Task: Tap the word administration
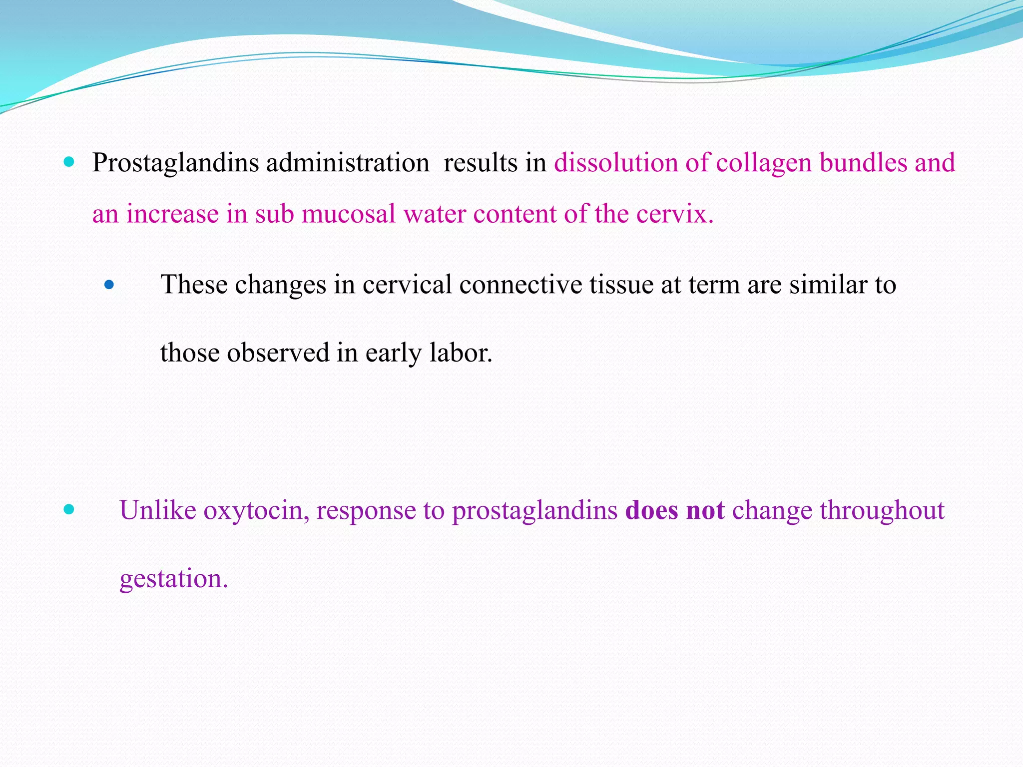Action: pos(347,163)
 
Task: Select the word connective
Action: pos(520,285)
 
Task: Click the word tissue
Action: pos(621,285)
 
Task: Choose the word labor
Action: pos(461,353)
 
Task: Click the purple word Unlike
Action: pos(158,511)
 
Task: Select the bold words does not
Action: pos(674,511)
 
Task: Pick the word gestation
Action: pos(173,579)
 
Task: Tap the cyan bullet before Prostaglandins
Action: pos(69,162)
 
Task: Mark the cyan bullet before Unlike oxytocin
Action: pos(69,510)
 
